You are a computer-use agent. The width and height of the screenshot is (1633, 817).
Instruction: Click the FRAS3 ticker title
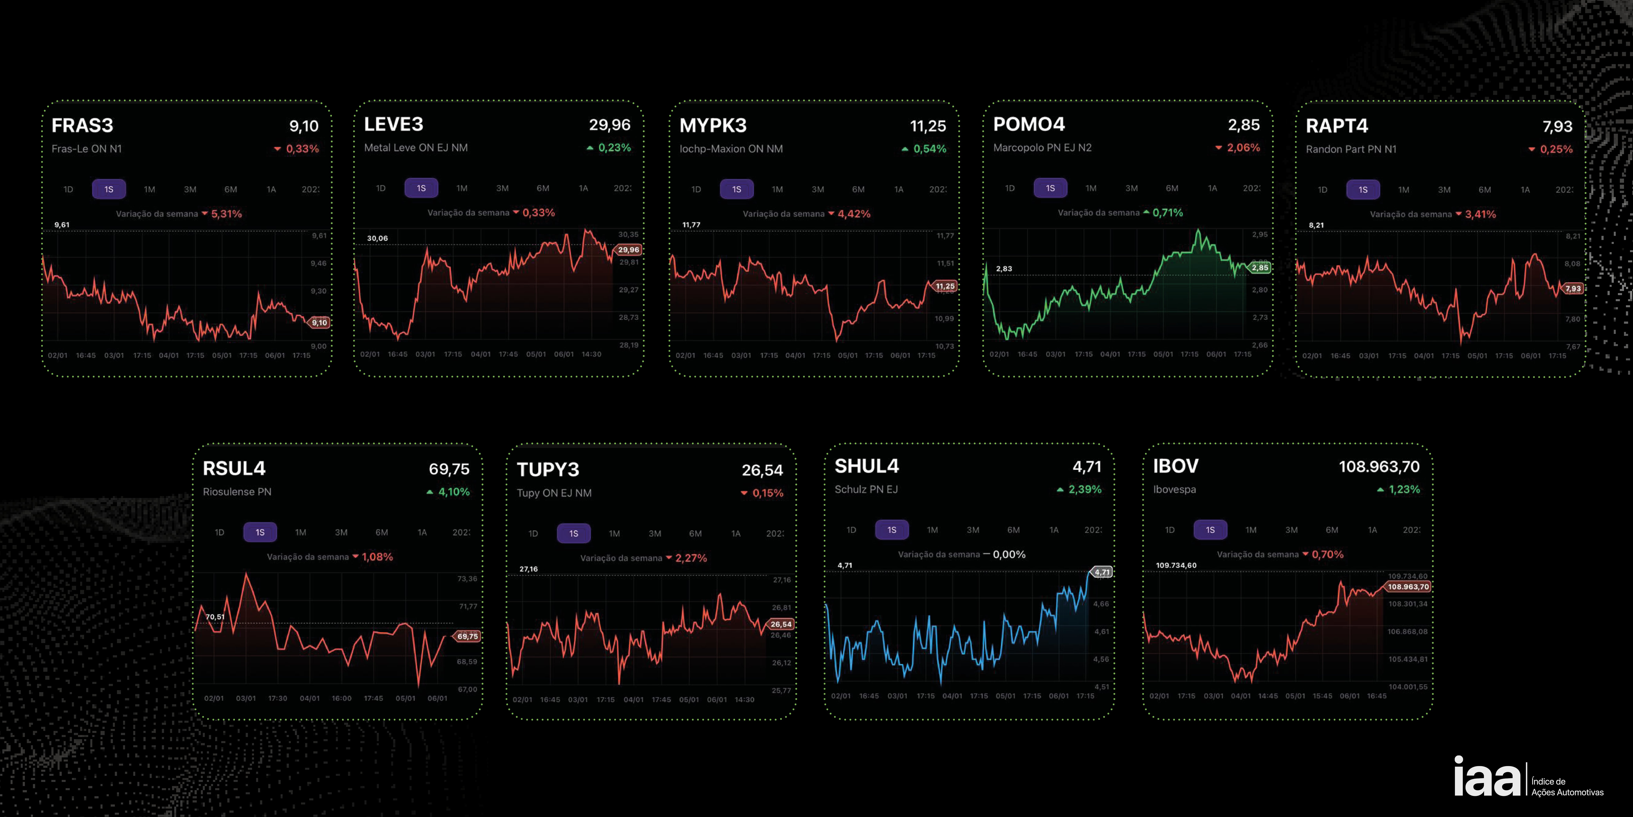pos(83,126)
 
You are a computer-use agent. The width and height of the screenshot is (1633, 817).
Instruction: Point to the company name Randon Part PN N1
pos(1351,149)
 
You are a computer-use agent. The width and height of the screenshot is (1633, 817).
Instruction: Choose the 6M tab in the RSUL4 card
pos(382,532)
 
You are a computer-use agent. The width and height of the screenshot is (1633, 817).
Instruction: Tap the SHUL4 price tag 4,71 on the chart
pos(1102,572)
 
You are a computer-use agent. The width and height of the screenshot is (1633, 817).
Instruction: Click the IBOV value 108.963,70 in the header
pos(1379,467)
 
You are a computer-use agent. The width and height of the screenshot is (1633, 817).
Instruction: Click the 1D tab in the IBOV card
pos(1170,530)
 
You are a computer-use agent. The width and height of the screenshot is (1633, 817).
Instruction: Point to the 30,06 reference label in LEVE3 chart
pos(377,238)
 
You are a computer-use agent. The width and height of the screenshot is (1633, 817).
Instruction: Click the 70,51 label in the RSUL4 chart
pos(215,617)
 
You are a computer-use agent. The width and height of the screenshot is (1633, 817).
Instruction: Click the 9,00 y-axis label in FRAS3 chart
pos(319,346)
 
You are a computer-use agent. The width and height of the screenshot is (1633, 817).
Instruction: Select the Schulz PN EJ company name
pos(866,489)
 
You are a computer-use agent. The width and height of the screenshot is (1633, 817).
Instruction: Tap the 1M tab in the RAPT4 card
pos(1404,190)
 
